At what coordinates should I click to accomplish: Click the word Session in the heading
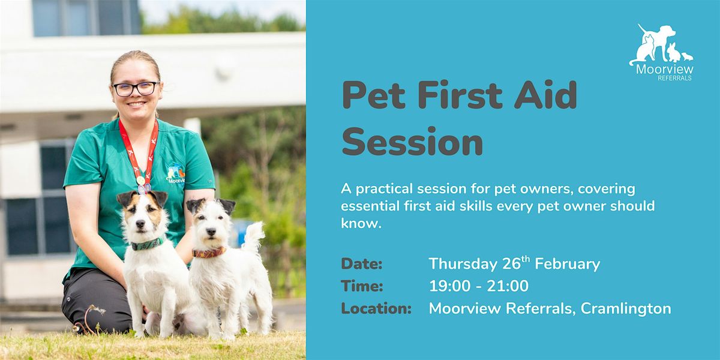[x=412, y=142]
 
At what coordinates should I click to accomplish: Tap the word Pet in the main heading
[x=373, y=95]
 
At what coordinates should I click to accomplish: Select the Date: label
[x=362, y=264]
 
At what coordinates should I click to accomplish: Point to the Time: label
[x=362, y=286]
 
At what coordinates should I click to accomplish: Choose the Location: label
[x=376, y=308]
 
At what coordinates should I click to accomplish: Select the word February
[x=568, y=264]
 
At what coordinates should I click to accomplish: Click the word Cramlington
[x=625, y=308]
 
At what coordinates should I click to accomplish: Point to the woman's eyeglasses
[x=136, y=89]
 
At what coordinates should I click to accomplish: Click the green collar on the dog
[x=148, y=244]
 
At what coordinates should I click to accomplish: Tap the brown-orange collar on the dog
[x=209, y=253]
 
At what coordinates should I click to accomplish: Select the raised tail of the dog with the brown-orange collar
[x=254, y=236]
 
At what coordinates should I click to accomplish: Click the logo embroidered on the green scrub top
[x=175, y=173]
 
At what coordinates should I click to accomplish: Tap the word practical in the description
[x=384, y=189]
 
